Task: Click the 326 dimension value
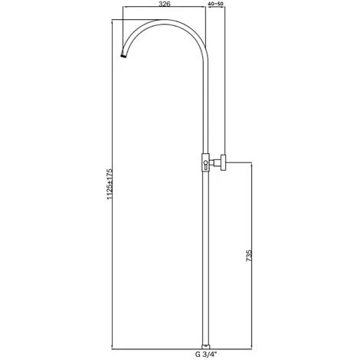coord(165,5)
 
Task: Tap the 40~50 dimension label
coord(217,5)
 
